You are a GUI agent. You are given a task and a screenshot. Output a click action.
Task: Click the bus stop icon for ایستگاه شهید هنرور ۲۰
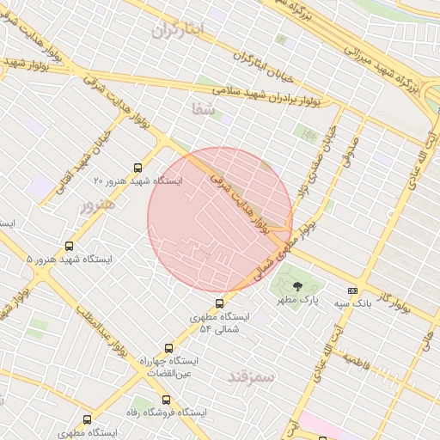[139, 168]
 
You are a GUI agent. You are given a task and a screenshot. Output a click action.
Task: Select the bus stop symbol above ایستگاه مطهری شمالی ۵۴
[220, 302]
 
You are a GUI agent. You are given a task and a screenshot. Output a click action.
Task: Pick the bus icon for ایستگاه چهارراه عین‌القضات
[168, 349]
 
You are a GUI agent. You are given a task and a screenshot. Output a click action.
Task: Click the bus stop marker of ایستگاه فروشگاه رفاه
[166, 400]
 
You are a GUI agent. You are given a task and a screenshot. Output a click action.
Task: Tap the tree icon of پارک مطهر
[297, 287]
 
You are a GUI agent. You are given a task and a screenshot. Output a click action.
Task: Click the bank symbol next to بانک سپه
[352, 291]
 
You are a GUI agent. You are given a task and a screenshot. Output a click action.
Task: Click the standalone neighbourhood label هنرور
[96, 206]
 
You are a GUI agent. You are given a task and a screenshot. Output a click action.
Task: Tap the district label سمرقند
[252, 377]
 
